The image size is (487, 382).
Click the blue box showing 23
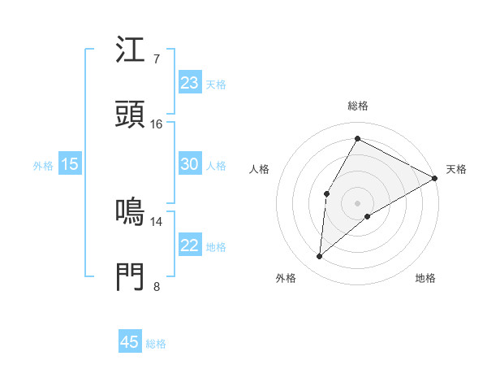pyautogui.click(x=189, y=83)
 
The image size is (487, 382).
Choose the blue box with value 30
pyautogui.click(x=189, y=164)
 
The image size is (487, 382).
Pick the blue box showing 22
pyautogui.click(x=189, y=245)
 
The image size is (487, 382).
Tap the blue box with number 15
pyautogui.click(x=70, y=164)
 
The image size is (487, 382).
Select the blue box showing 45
pyautogui.click(x=129, y=342)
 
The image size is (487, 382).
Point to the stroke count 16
pyautogui.click(x=157, y=124)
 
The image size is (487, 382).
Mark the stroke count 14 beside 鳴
pyautogui.click(x=157, y=221)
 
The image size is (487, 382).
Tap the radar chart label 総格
pyautogui.click(x=358, y=106)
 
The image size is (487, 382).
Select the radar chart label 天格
pyautogui.click(x=456, y=169)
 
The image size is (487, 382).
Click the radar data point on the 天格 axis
pyautogui.click(x=435, y=178)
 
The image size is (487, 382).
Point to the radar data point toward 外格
pyautogui.click(x=319, y=257)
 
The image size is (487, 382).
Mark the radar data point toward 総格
pyautogui.click(x=357, y=138)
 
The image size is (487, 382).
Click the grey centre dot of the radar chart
pyautogui.click(x=357, y=202)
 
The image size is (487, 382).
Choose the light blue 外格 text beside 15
pyautogui.click(x=43, y=165)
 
